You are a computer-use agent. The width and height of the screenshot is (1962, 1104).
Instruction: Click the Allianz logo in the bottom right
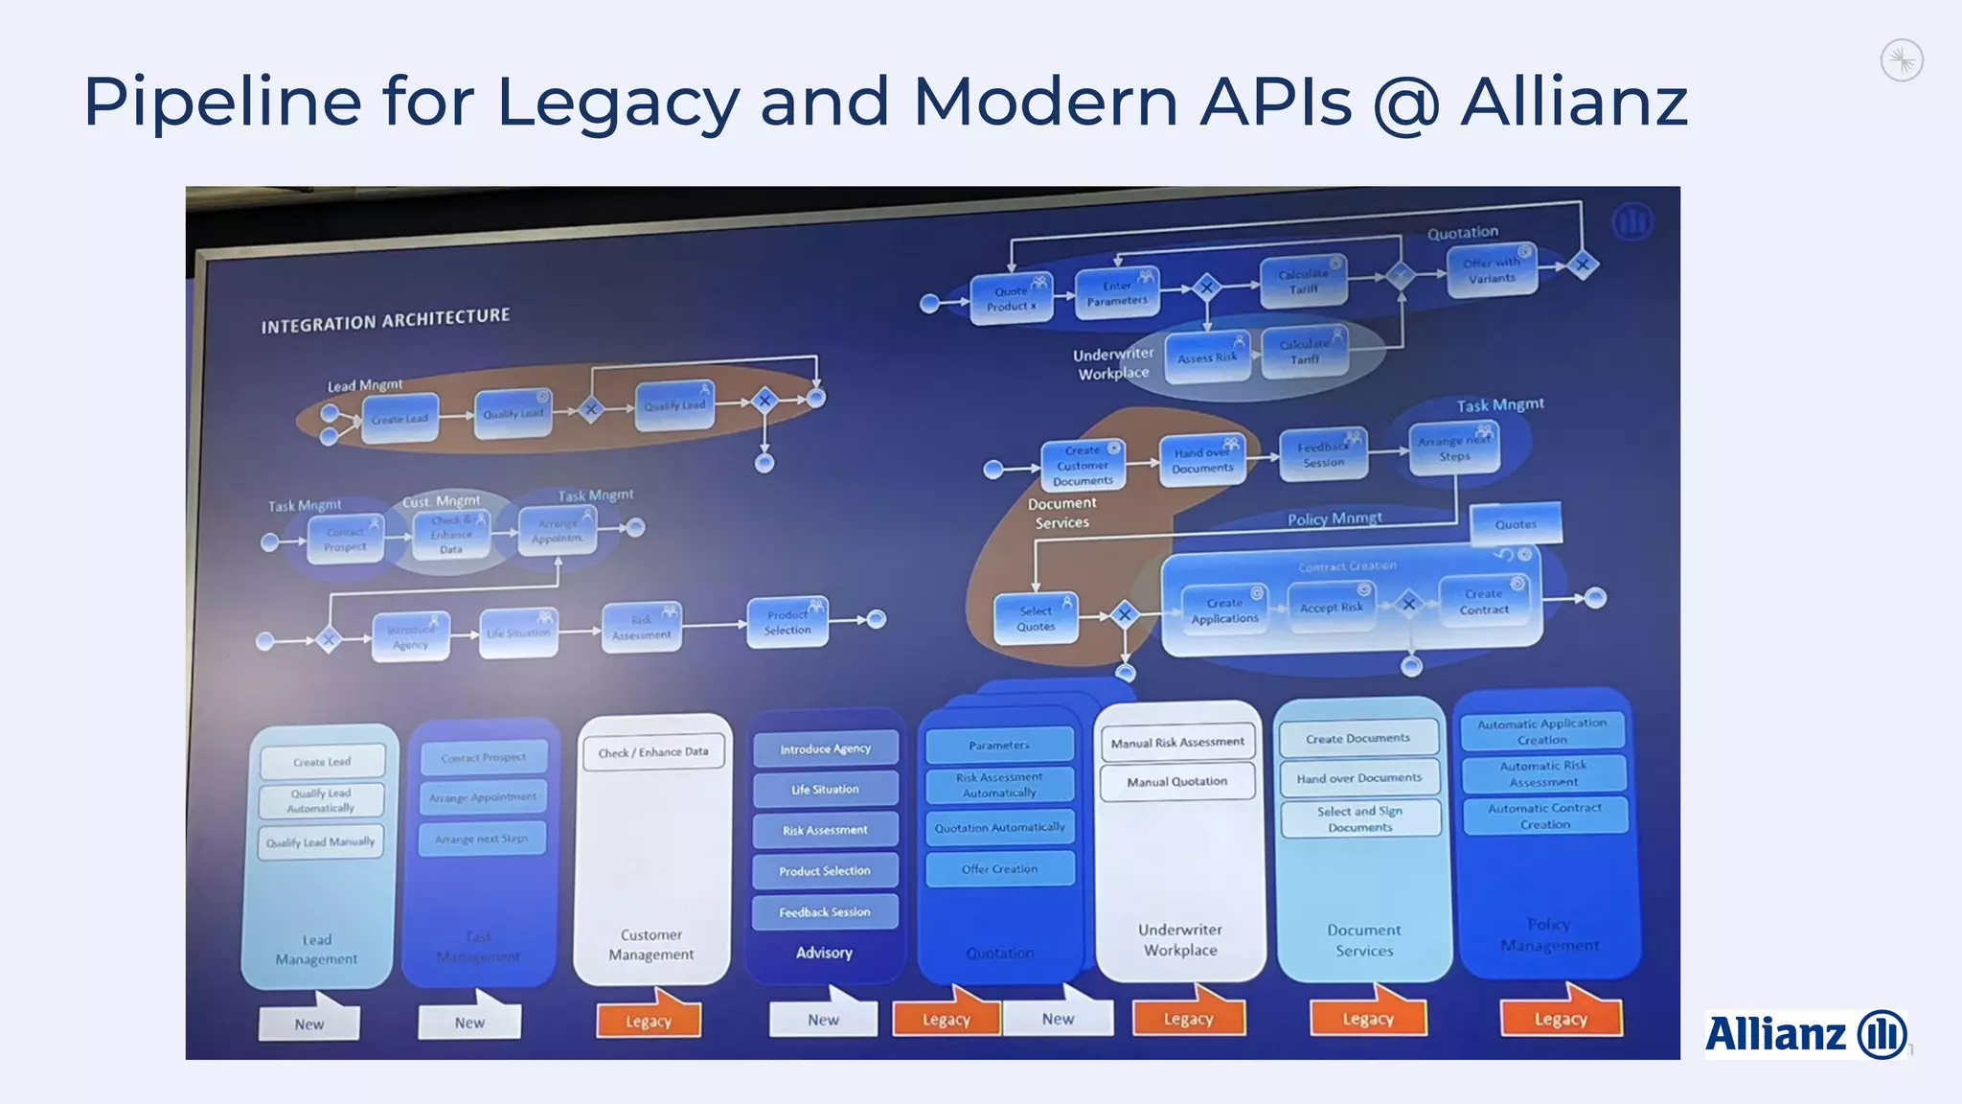1805,1034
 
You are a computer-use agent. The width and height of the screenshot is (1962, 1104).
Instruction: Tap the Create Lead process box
400,419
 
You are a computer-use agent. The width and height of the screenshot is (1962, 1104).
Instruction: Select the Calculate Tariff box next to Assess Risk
1304,352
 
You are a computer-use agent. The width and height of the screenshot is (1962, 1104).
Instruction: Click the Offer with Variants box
1492,270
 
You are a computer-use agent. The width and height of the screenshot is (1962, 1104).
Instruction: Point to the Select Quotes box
1036,619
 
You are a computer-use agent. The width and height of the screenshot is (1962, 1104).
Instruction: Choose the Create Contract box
1484,602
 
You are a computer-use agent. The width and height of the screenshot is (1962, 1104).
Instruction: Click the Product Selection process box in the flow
787,623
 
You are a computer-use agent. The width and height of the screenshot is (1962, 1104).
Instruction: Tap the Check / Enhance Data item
653,752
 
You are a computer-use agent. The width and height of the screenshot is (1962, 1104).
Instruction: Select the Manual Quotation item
1177,782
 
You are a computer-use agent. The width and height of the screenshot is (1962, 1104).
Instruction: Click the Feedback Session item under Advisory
825,912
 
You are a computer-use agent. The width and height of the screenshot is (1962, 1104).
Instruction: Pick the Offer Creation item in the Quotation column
999,869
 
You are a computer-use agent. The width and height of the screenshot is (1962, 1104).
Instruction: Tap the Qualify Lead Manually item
321,842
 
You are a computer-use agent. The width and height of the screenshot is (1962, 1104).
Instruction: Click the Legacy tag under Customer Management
649,1022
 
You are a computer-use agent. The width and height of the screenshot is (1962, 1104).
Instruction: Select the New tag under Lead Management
309,1023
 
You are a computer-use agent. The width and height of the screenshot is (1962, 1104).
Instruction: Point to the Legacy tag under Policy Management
1561,1019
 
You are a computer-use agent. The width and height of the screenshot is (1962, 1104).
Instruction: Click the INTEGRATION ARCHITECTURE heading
385,320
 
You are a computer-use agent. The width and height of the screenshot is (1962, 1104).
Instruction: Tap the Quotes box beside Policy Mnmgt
1516,524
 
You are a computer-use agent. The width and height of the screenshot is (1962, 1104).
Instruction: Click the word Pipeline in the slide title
222,102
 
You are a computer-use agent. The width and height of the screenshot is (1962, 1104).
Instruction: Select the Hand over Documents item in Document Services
1359,778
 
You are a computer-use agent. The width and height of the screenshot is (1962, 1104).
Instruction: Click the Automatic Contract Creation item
1544,816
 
